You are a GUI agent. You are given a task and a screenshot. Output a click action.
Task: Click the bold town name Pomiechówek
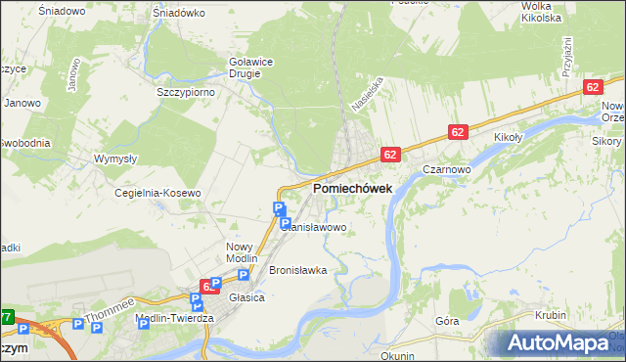[352, 188]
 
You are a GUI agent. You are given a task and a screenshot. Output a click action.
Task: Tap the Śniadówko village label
[178, 14]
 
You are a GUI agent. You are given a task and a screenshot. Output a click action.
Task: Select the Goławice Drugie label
[251, 66]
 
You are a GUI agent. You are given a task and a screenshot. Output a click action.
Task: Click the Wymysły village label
[114, 158]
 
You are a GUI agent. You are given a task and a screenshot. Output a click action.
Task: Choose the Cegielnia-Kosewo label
[157, 193]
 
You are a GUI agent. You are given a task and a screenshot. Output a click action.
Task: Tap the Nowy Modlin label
[240, 252]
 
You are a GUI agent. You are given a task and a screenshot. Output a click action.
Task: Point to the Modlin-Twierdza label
[176, 319]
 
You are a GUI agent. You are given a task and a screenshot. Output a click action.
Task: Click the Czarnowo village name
[448, 168]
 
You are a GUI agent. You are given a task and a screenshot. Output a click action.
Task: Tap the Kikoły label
[511, 138]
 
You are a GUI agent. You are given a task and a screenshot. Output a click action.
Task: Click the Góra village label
[447, 321]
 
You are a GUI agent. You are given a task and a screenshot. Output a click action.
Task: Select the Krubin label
[552, 315]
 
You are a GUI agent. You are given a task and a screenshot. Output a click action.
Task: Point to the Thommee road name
[107, 311]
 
